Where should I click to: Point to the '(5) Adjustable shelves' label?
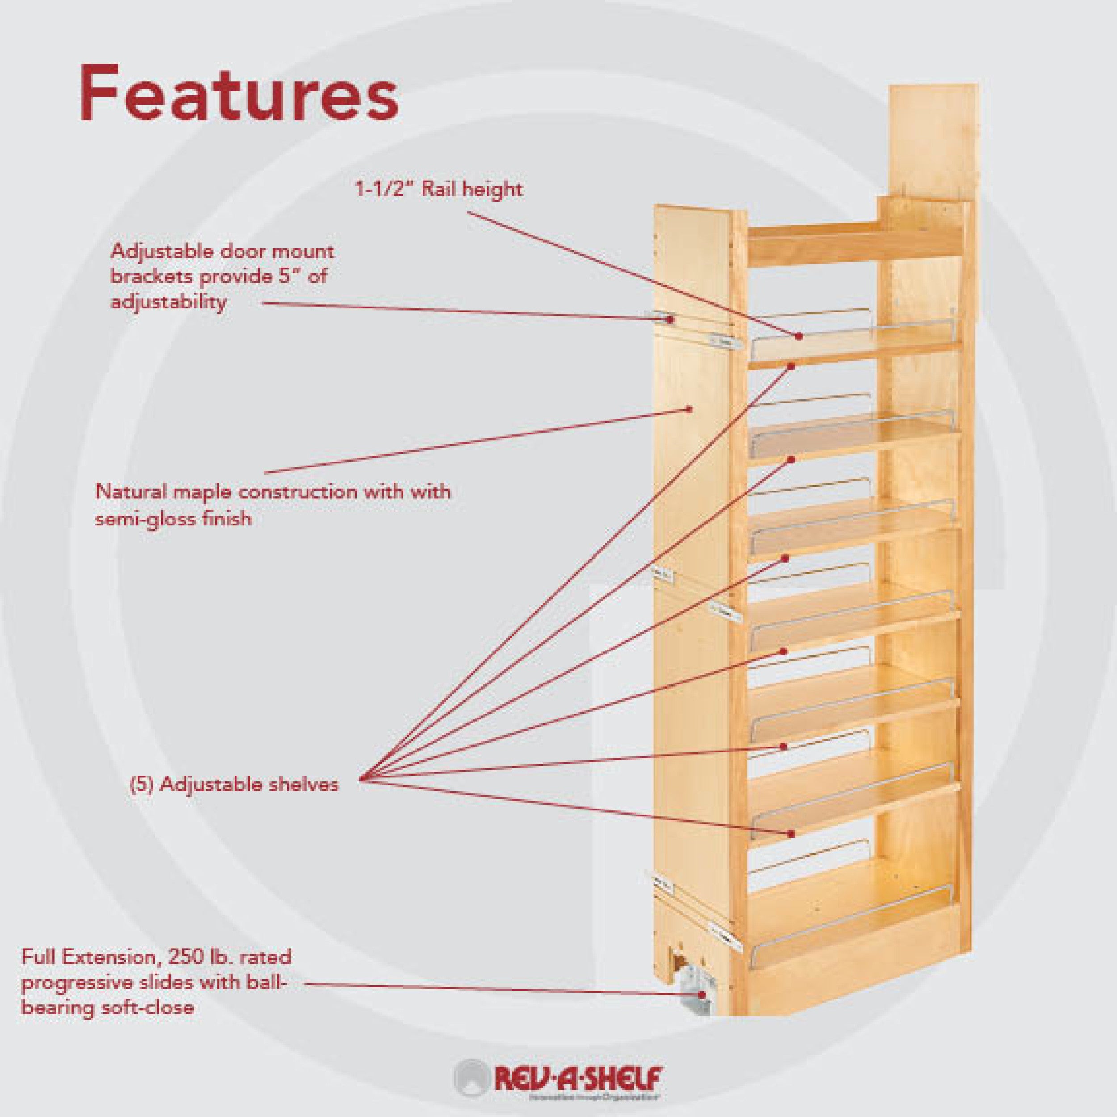(x=233, y=785)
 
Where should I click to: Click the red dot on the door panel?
(x=689, y=409)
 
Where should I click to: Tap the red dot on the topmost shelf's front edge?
(x=791, y=366)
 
